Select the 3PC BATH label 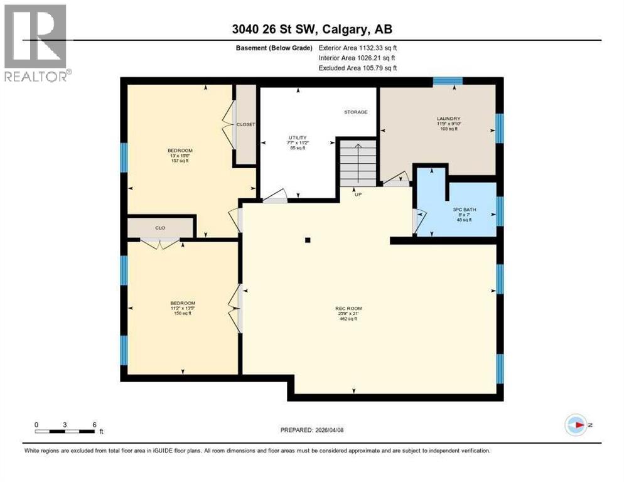pyautogui.click(x=465, y=215)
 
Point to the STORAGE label pyautogui.click(x=355, y=112)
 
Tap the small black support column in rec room pyautogui.click(x=308, y=240)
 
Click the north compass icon pyautogui.click(x=576, y=425)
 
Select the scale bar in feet pyautogui.click(x=65, y=431)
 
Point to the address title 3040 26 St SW pyautogui.click(x=311, y=29)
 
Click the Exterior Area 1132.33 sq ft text pyautogui.click(x=357, y=48)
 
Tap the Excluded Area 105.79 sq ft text pyautogui.click(x=357, y=68)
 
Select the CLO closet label pyautogui.click(x=161, y=228)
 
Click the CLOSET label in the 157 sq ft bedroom pyautogui.click(x=245, y=124)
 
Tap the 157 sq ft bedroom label pyautogui.click(x=180, y=155)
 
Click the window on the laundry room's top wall pyautogui.click(x=448, y=80)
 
